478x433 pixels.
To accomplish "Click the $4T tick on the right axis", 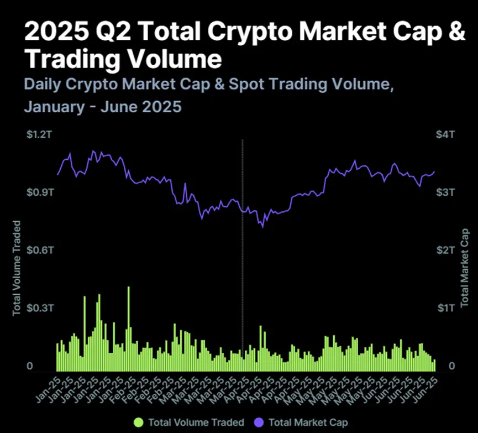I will pyautogui.click(x=445, y=135).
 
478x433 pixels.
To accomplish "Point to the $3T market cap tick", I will pyautogui.click(x=445, y=192).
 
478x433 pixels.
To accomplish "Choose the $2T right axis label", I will pyautogui.click(x=445, y=250).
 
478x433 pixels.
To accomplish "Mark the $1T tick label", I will pyautogui.click(x=445, y=307).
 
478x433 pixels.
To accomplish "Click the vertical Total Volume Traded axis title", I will pyautogui.click(x=17, y=268).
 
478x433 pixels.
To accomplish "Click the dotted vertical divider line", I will pyautogui.click(x=243, y=249).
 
